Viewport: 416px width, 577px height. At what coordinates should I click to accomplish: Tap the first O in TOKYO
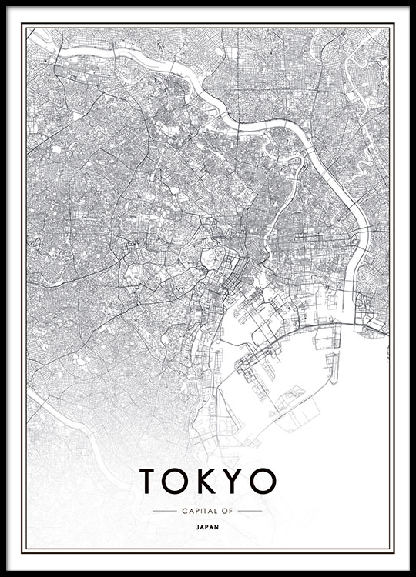(177, 480)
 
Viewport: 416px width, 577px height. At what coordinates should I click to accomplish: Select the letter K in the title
(206, 480)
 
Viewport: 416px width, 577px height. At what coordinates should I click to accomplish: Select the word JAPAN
(208, 528)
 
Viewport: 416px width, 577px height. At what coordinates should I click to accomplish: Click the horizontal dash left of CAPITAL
(164, 510)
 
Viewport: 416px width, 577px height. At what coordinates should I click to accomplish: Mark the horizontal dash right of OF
(250, 510)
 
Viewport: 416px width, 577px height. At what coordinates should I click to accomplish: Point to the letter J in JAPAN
(198, 528)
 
